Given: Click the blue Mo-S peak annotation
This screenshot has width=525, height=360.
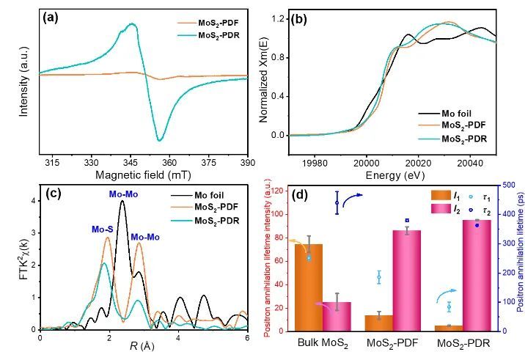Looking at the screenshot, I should coord(103,229).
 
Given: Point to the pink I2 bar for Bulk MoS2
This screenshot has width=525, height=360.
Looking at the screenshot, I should coord(336,316).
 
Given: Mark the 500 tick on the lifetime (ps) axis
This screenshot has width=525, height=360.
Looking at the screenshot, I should coord(510,185).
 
